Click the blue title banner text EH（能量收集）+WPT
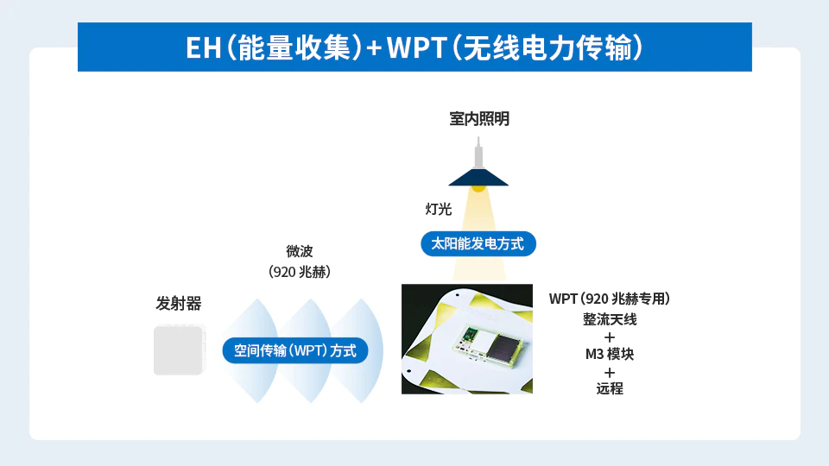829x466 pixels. [x=414, y=47]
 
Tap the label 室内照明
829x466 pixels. [x=479, y=119]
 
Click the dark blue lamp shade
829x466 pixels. [x=478, y=177]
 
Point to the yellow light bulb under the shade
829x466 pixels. [x=478, y=188]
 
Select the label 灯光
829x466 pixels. [x=439, y=209]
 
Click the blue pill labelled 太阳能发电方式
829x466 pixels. [x=478, y=243]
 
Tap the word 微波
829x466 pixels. [x=300, y=251]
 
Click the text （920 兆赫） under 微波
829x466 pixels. [x=300, y=272]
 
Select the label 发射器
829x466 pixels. [x=178, y=303]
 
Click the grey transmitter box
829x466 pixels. [x=179, y=350]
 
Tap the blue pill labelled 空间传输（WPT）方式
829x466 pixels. [x=295, y=350]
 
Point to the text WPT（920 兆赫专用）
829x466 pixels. [x=609, y=299]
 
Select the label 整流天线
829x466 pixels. [x=610, y=319]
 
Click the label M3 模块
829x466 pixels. [x=609, y=354]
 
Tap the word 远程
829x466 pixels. [x=610, y=388]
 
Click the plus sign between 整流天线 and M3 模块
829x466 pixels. [x=610, y=337]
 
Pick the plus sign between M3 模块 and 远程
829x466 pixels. [x=610, y=372]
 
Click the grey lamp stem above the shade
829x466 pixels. [x=478, y=154]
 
